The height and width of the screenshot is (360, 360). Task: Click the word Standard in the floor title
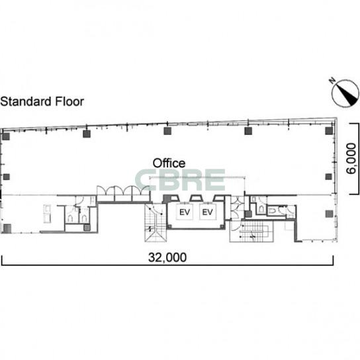pos(26,101)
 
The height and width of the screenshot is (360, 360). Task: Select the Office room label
pos(169,163)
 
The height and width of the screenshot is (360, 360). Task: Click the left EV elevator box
pos(185,212)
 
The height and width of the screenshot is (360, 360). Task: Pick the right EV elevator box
pos(208,212)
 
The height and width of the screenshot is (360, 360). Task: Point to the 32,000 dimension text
pos(167,257)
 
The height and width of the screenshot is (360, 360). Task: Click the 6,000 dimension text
pos(351,158)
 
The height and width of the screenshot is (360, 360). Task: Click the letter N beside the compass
pos(332,81)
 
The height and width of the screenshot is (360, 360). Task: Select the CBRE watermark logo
pos(180,180)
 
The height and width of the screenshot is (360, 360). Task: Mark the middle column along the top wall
pos(167,131)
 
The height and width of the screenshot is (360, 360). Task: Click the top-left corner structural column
pos(6,136)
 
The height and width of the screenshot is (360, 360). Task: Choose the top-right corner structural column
pos(329,130)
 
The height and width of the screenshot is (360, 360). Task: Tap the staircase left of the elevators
pos(156,222)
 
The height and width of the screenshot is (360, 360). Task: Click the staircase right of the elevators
pos(251,231)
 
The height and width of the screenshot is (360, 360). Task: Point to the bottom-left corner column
pos(7,229)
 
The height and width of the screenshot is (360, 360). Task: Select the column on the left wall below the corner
pos(6,177)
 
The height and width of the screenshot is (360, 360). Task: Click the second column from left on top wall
pos(87,134)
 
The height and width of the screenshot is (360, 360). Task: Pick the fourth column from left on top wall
pos(248,131)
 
